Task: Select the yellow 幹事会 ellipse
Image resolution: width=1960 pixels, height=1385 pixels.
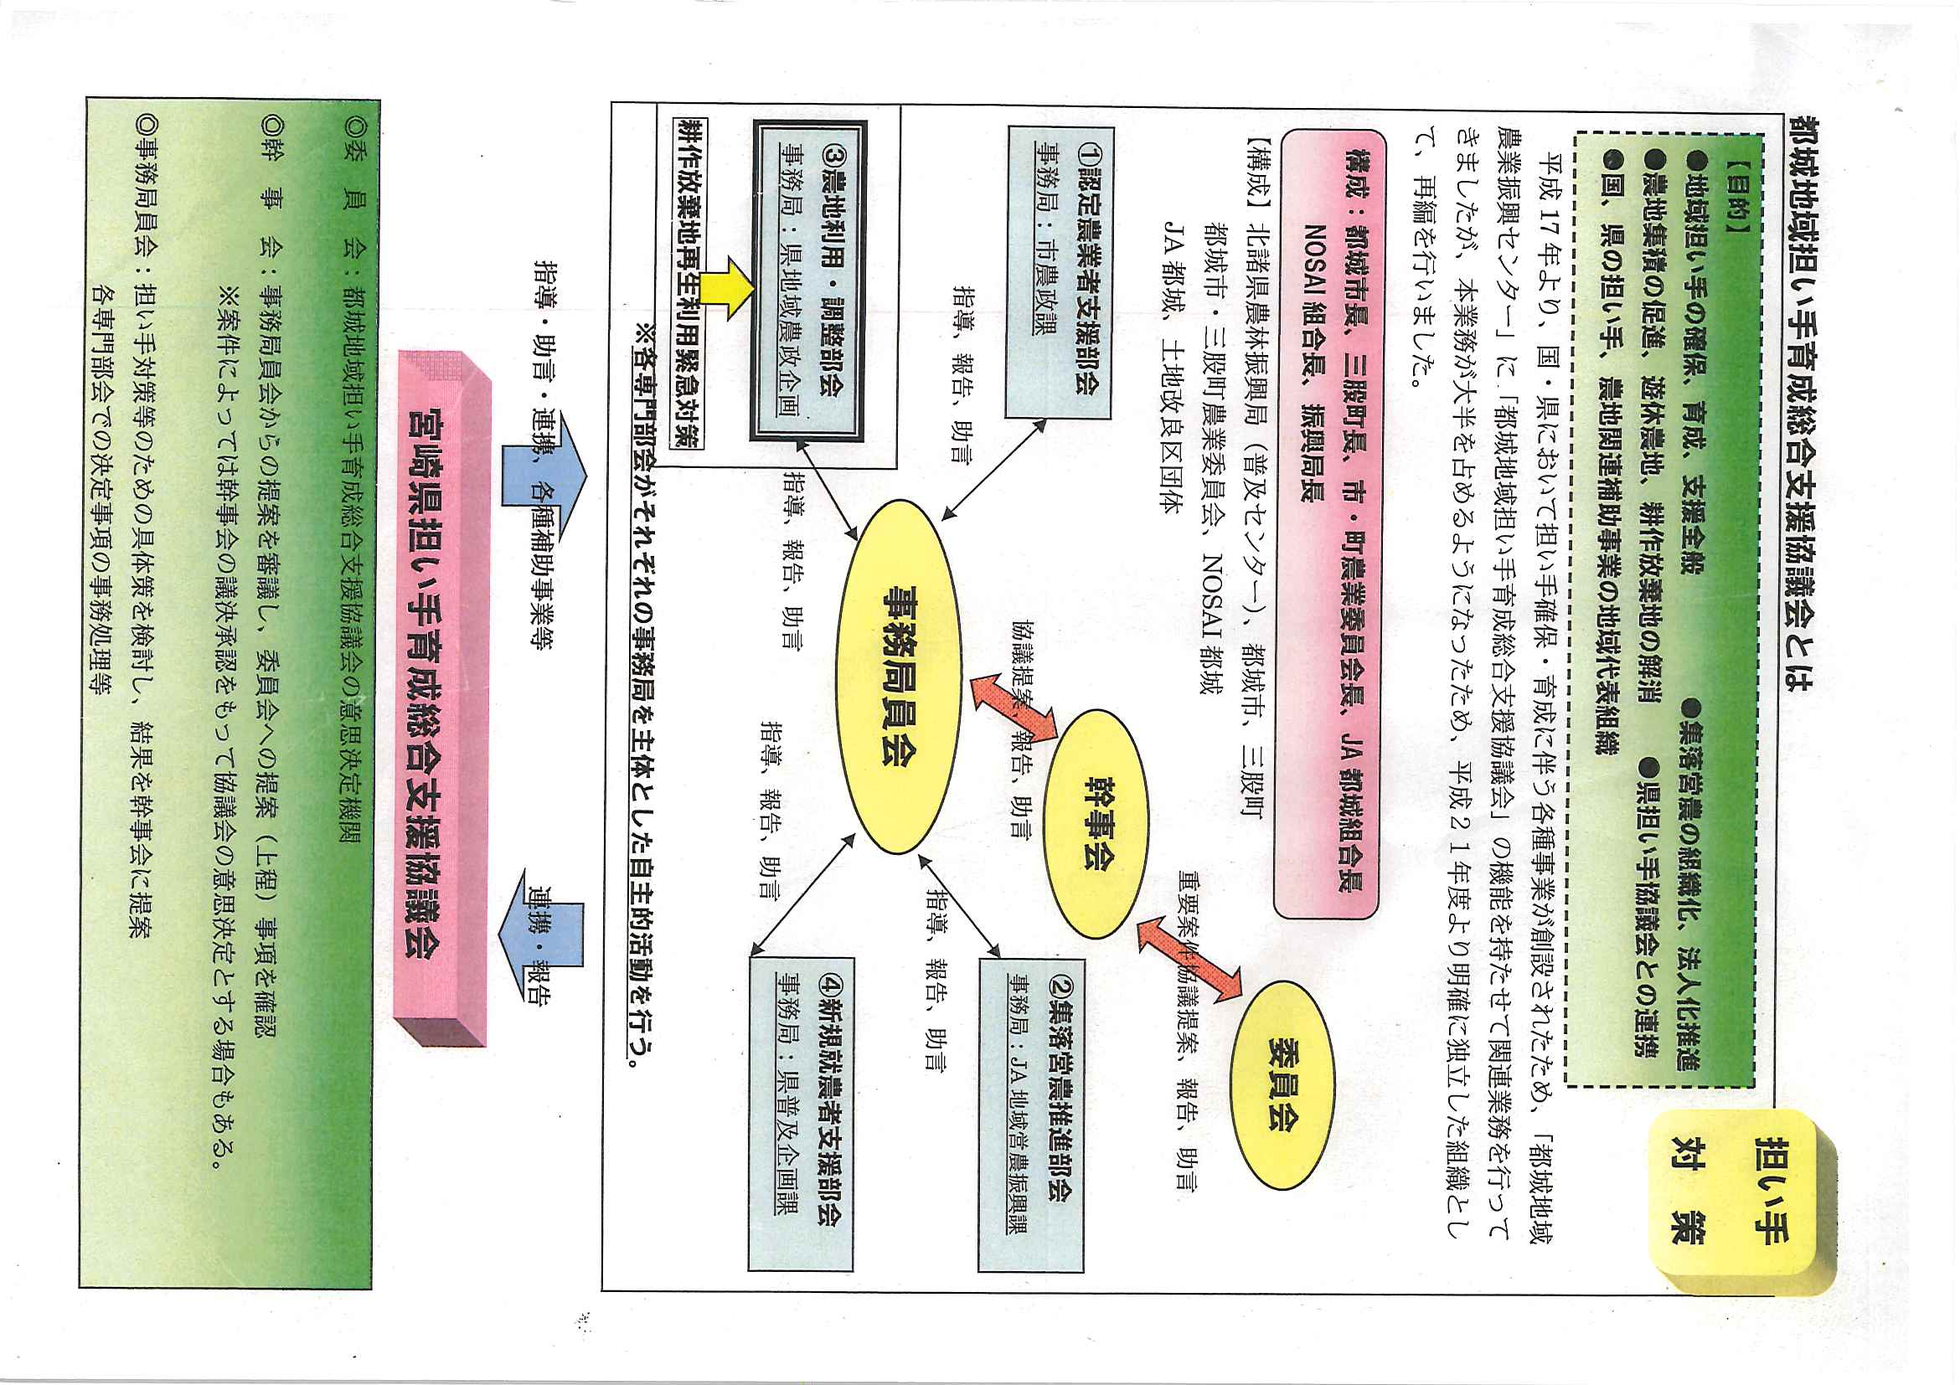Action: (1096, 823)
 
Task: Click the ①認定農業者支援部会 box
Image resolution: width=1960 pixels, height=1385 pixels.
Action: (1059, 271)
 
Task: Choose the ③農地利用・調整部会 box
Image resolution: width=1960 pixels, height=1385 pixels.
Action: (807, 281)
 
